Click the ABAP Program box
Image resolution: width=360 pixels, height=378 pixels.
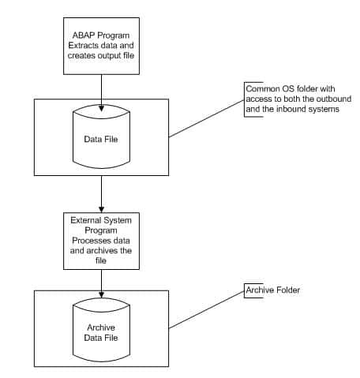click(101, 46)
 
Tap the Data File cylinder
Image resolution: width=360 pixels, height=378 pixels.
click(101, 137)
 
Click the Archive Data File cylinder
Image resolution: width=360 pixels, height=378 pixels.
click(101, 330)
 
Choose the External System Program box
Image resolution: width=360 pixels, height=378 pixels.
click(101, 241)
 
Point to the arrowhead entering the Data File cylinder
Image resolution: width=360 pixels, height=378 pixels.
click(101, 108)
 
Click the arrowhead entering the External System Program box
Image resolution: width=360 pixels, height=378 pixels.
click(101, 209)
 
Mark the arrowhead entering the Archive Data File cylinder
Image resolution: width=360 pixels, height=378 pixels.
click(101, 294)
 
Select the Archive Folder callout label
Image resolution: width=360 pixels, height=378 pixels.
click(272, 290)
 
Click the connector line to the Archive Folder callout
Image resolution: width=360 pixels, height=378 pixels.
click(207, 309)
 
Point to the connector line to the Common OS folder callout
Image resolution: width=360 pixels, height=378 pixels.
click(207, 118)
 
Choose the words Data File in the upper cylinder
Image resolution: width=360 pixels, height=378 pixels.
click(101, 139)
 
